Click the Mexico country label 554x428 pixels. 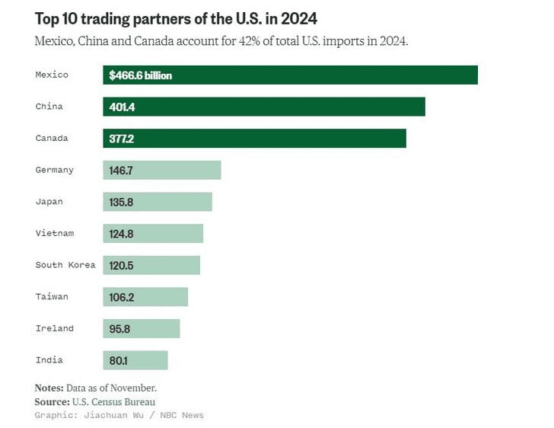coord(52,75)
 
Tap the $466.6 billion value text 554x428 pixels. coord(140,75)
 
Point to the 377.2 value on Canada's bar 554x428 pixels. coord(122,139)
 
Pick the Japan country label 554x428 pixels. coord(49,202)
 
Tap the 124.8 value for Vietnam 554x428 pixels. coord(122,234)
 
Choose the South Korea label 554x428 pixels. coord(65,265)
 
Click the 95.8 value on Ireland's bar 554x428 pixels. coord(119,329)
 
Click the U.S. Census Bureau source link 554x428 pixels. coord(113,401)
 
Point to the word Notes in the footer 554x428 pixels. coord(49,388)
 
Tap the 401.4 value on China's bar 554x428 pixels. coord(122,107)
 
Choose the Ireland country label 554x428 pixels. coord(55,328)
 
